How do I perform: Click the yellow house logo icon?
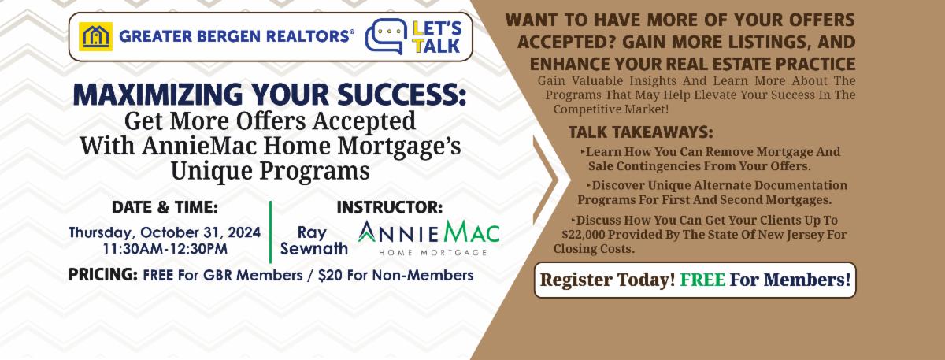[x=96, y=36]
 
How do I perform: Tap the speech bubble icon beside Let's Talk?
[x=386, y=36]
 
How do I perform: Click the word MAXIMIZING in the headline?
[x=157, y=94]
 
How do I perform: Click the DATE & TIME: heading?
[x=165, y=207]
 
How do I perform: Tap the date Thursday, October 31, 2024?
[x=165, y=232]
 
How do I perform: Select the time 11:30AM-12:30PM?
[x=165, y=249]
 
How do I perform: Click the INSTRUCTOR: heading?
[x=389, y=207]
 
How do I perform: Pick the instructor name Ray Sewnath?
[x=314, y=240]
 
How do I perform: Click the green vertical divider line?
[x=270, y=232]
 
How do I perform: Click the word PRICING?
[x=103, y=275]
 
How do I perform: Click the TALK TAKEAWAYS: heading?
[x=640, y=132]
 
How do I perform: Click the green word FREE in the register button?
[x=702, y=280]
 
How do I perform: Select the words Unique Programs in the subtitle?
[x=270, y=172]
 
